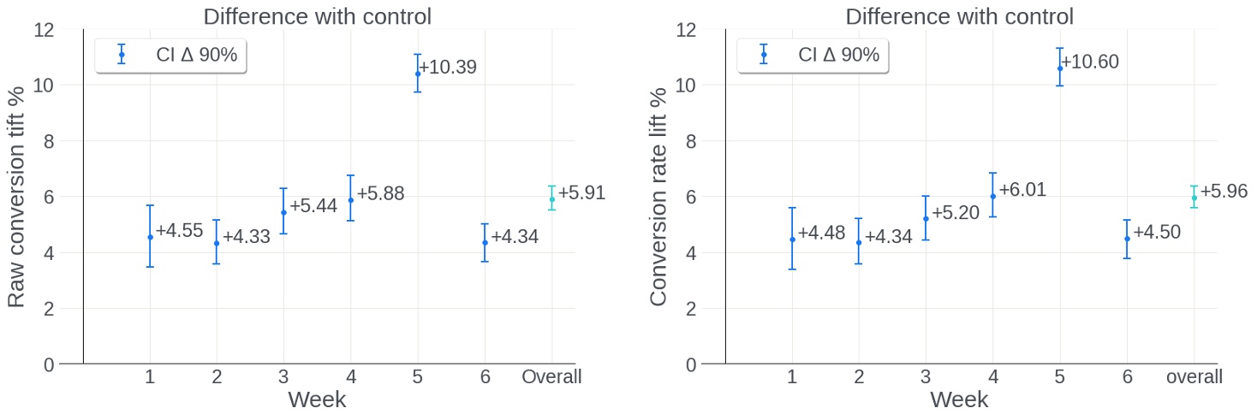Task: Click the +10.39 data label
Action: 448,68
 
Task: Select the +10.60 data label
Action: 1090,62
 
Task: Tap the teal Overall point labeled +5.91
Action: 552,199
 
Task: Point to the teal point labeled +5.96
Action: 1194,198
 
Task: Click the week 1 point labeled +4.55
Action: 150,237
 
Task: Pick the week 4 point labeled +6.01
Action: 993,196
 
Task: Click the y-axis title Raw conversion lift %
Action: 16,197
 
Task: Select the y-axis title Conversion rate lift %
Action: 658,197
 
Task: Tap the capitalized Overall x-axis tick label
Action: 551,377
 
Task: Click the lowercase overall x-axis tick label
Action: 1194,377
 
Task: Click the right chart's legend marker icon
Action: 763,55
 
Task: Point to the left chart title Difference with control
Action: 317,16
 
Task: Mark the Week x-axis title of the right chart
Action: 959,399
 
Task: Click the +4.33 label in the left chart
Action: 247,237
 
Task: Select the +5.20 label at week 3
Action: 955,212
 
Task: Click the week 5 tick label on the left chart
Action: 418,377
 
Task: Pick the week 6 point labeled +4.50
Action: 1127,239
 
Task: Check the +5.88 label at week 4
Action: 380,194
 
